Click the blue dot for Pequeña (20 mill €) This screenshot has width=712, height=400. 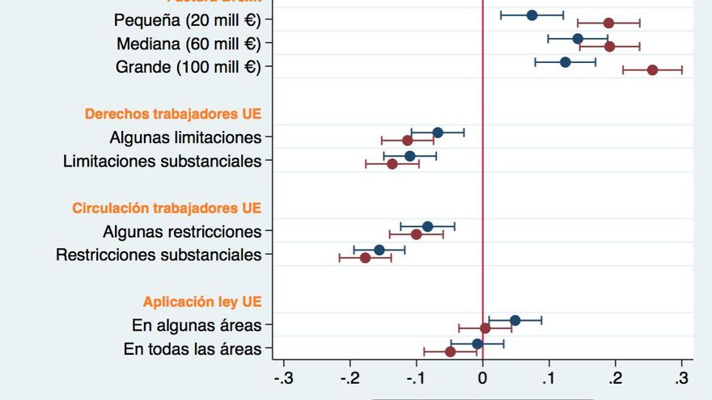click(532, 15)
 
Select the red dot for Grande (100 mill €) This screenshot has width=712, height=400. click(652, 70)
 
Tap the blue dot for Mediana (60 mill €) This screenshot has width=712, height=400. click(578, 39)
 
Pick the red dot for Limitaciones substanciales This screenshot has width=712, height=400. click(392, 164)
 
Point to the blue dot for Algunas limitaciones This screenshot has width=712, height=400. click(438, 133)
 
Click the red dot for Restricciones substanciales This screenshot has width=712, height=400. click(365, 258)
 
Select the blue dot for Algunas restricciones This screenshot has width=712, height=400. click(427, 226)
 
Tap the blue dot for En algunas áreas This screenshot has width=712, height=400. click(515, 321)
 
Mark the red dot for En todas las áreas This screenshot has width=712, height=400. click(451, 352)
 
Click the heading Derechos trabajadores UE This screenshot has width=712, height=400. click(173, 114)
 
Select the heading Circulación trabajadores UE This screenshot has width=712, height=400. click(167, 208)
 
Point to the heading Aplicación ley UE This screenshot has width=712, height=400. click(202, 302)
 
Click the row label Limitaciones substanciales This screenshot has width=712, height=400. click(162, 162)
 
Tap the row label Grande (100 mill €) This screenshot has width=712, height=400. click(189, 67)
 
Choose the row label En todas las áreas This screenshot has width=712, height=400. click(193, 349)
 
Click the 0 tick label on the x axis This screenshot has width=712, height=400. click(482, 378)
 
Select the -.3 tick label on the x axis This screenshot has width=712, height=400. click(283, 378)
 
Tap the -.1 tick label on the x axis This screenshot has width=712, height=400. click(416, 378)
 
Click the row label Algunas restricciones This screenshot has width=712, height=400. click(182, 232)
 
